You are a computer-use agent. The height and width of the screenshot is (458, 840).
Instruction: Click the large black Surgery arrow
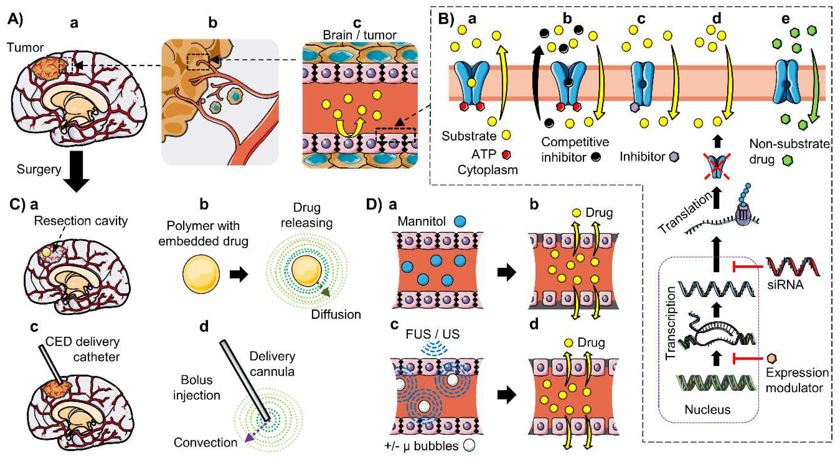click(76, 171)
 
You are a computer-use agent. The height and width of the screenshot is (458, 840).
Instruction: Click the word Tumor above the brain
click(25, 48)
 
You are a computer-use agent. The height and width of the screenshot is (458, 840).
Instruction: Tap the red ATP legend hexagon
click(506, 154)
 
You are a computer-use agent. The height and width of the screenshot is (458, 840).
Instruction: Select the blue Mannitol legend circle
click(459, 222)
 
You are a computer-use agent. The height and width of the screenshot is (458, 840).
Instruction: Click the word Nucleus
click(707, 409)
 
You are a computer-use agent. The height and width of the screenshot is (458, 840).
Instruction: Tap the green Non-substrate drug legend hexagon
click(787, 160)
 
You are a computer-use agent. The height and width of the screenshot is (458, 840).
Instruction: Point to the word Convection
click(205, 442)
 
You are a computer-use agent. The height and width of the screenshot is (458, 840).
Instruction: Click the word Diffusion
click(336, 315)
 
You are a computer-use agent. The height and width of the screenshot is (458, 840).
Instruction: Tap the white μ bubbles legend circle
click(469, 445)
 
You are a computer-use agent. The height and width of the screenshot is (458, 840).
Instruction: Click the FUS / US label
click(433, 334)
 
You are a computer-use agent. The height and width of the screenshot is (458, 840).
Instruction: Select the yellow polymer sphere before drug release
click(201, 274)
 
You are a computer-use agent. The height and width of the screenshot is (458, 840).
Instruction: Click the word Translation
click(685, 213)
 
